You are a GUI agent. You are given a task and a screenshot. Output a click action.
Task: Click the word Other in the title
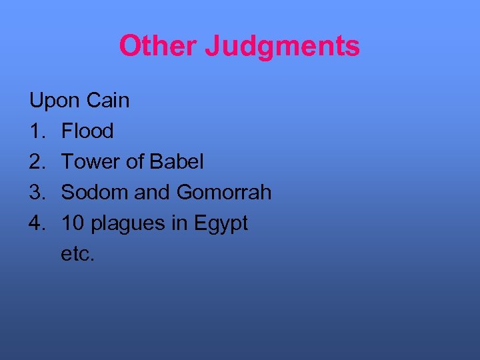point(158,46)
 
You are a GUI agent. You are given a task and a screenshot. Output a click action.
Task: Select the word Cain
point(108,101)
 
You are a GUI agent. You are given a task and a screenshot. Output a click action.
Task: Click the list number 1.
point(36,131)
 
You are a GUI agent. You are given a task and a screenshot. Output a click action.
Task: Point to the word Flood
point(87,131)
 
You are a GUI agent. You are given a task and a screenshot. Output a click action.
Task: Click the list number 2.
point(37,162)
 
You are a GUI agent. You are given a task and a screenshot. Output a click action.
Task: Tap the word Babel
point(177,162)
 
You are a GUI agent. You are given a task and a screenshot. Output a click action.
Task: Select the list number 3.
point(37,193)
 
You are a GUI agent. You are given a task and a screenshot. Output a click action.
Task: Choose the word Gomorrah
point(224,193)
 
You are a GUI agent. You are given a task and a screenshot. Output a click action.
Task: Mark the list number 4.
point(37,223)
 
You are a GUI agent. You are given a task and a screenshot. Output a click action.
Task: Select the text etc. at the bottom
point(78,254)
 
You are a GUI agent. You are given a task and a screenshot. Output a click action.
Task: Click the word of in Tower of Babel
point(135,162)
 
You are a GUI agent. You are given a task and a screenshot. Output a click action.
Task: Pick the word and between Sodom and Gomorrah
point(153,193)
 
